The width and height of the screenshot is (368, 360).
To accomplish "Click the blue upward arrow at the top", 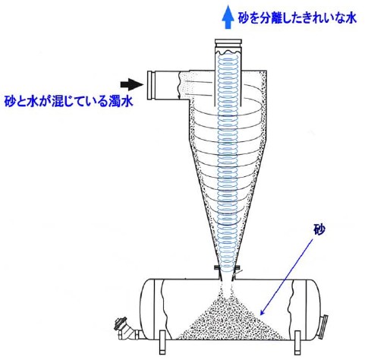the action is pyautogui.click(x=228, y=17).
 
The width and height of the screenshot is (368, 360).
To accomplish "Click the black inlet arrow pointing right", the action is pyautogui.click(x=132, y=84).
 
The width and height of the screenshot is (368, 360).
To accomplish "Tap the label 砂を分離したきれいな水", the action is pyautogui.click(x=297, y=18).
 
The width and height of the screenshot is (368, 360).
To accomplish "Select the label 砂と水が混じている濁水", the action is pyautogui.click(x=68, y=102).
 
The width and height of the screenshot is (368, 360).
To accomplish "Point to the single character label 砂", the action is pyautogui.click(x=319, y=229).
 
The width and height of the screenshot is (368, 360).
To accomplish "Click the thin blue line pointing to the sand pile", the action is pyautogui.click(x=286, y=277).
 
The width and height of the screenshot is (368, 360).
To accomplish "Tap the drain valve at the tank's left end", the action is pyautogui.click(x=126, y=330).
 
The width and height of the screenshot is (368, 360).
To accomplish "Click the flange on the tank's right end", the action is pyautogui.click(x=324, y=327).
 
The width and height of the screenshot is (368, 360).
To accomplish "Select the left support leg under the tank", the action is pyautogui.click(x=162, y=343).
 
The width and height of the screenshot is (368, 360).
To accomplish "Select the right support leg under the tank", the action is pyautogui.click(x=297, y=343).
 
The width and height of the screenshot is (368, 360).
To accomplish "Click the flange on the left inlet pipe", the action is pyautogui.click(x=151, y=86).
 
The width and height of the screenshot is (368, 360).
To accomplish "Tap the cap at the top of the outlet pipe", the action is pyautogui.click(x=228, y=43).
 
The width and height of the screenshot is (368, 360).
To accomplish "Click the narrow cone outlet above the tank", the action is pyautogui.click(x=228, y=275).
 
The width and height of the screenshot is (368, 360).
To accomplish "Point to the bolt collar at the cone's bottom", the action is pyautogui.click(x=228, y=267).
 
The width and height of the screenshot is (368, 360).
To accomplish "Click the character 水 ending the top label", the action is pyautogui.click(x=351, y=18).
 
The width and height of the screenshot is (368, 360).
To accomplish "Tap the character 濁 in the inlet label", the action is pyautogui.click(x=115, y=102).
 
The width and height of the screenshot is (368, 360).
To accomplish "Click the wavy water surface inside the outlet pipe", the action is pyautogui.click(x=228, y=52).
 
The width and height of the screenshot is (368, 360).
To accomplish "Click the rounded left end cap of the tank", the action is pyautogui.click(x=147, y=309).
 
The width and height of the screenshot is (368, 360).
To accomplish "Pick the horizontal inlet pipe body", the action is pyautogui.click(x=172, y=86).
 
